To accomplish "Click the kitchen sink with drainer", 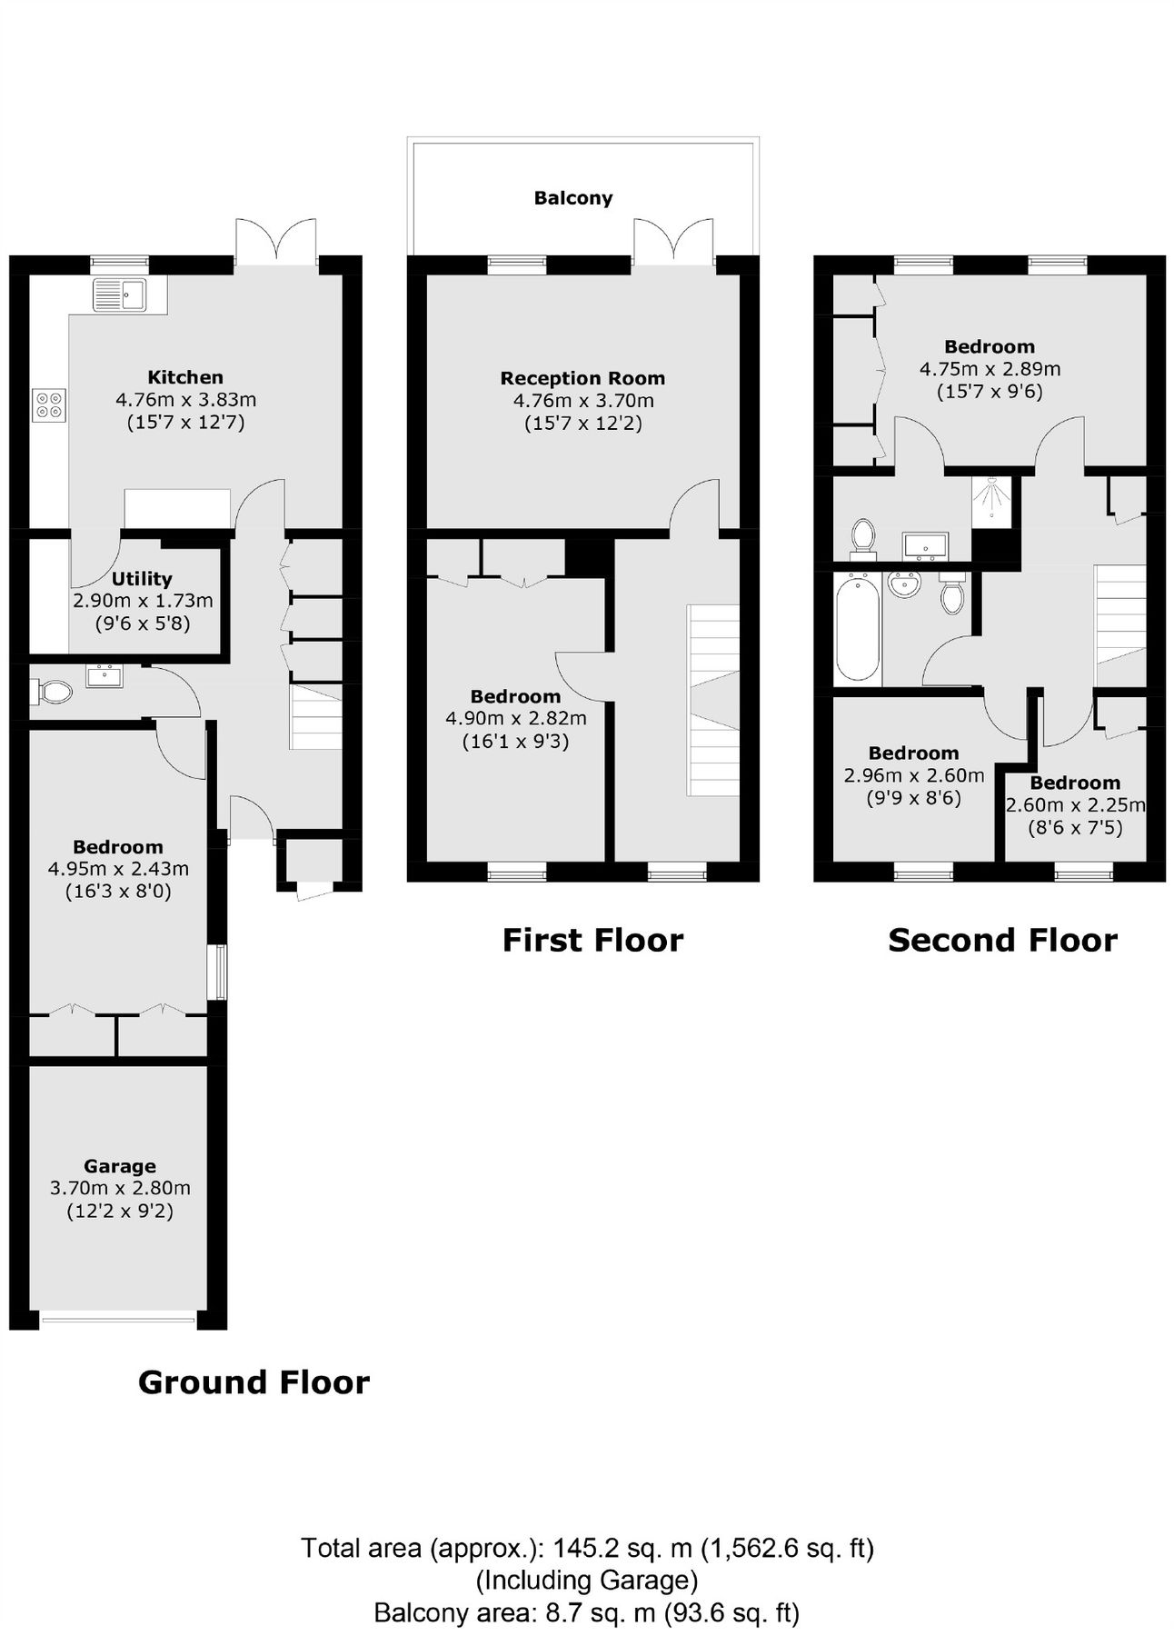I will click(119, 294).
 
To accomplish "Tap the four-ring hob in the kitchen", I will click(48, 404).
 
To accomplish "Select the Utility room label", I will click(142, 579).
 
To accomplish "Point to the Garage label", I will click(119, 1166).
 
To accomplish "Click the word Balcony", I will click(572, 198).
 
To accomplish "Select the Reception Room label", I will click(582, 378).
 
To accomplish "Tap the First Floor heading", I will click(592, 940).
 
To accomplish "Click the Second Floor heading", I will click(1002, 940).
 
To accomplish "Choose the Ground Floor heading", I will click(254, 1382).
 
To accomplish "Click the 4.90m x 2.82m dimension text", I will click(515, 719).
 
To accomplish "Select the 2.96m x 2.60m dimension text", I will click(913, 775).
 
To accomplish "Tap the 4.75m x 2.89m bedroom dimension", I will click(990, 369).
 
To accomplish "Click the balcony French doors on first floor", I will click(673, 242).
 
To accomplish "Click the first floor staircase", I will click(713, 700).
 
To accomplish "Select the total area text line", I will click(587, 1548).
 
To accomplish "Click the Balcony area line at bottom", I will click(587, 1613).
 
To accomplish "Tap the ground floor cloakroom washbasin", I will click(104, 676).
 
